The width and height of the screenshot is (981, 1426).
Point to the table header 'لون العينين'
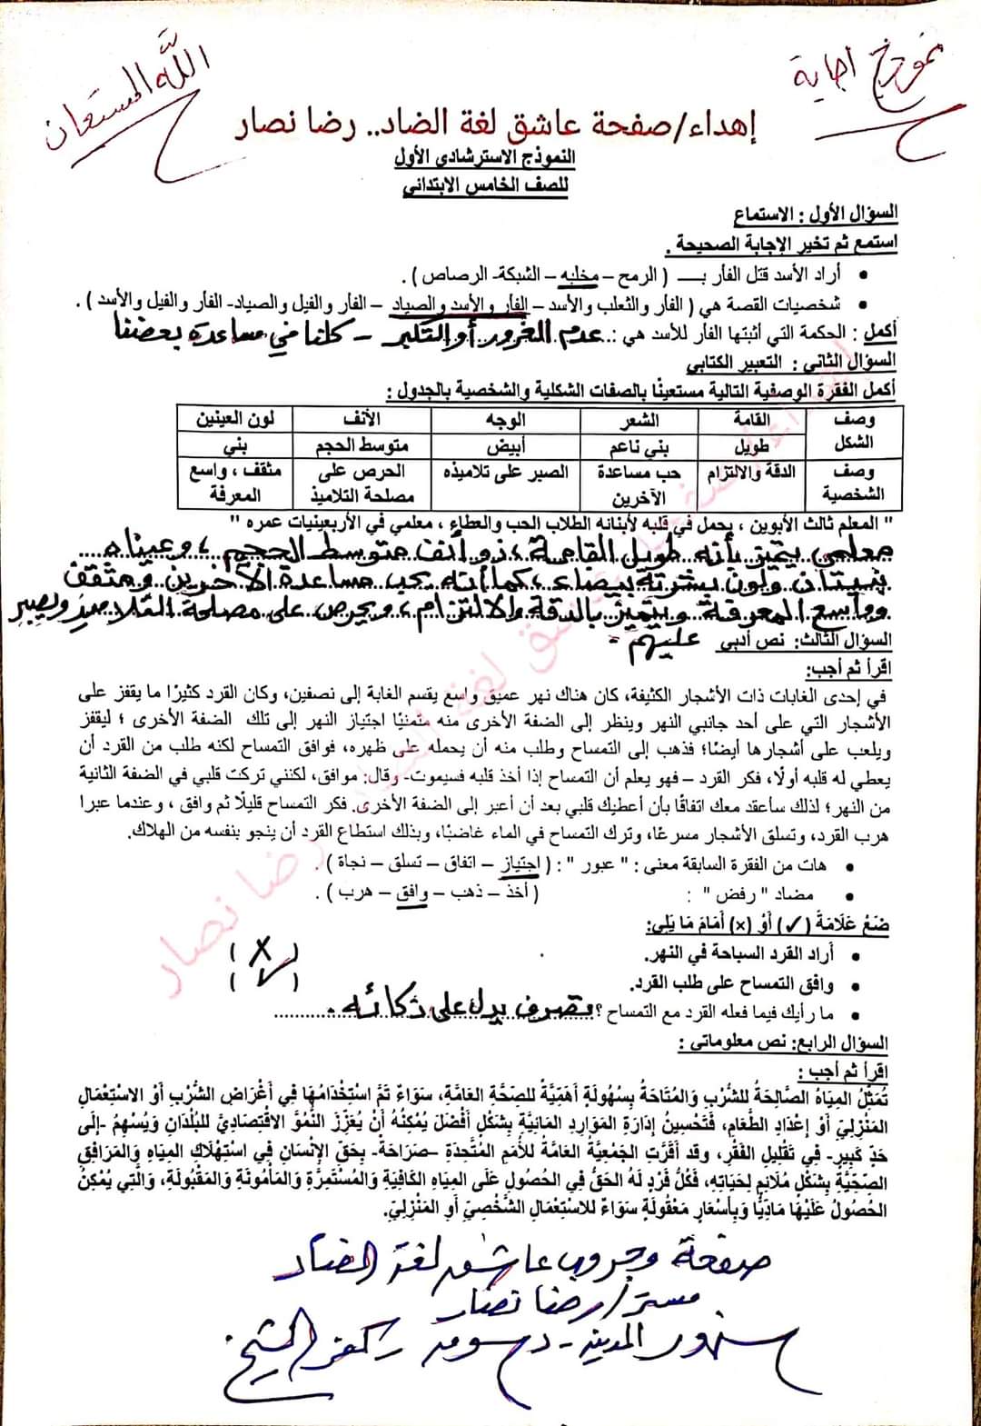[235, 419]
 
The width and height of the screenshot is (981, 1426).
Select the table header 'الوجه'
[505, 419]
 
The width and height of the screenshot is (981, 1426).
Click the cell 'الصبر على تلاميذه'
[506, 473]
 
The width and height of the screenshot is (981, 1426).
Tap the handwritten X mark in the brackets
[263, 952]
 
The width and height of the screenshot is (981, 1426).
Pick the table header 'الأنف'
[362, 419]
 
